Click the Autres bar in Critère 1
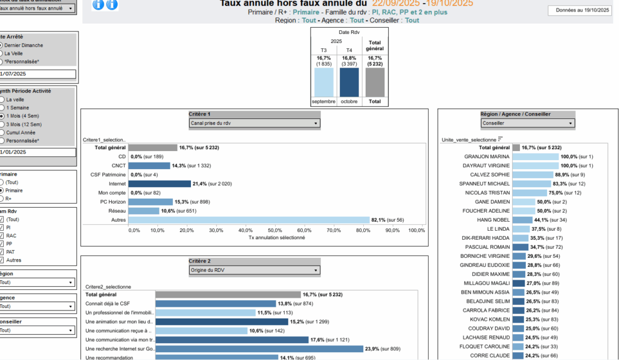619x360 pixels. [x=248, y=220]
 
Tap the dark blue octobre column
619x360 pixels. [x=349, y=82]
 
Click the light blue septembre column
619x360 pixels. [x=323, y=82]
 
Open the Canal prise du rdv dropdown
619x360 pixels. [x=254, y=123]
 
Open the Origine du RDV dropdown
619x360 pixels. [x=254, y=270]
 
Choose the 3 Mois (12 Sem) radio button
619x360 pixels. [x=2, y=124]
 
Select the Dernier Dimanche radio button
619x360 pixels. [x=2, y=45]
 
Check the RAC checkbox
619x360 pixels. [x=2, y=236]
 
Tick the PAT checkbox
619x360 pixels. [x=2, y=252]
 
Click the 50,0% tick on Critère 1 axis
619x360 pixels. [x=275, y=230]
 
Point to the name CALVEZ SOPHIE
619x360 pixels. [x=487, y=175]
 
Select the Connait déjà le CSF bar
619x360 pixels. [x=215, y=303]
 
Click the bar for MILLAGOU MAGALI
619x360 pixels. [x=518, y=283]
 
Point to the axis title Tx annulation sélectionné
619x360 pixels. [x=276, y=237]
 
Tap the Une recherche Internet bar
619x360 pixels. [x=259, y=349]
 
